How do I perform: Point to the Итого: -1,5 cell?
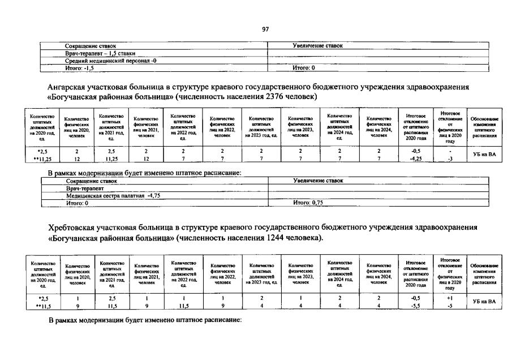(x=80, y=67)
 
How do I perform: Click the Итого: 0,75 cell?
(x=308, y=202)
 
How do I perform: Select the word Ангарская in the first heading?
(x=70, y=87)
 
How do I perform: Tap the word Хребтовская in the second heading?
(x=74, y=228)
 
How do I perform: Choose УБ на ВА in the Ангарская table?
(x=484, y=155)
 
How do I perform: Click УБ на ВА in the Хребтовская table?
(x=484, y=301)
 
